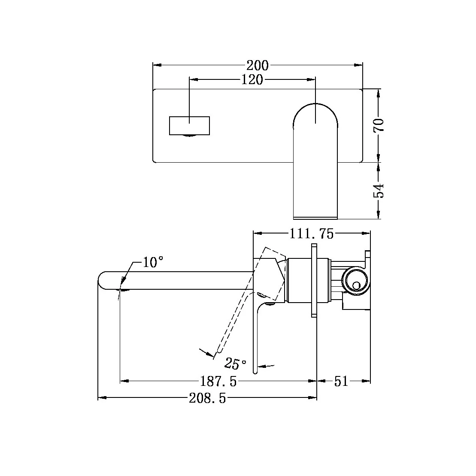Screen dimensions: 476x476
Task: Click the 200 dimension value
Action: (258, 65)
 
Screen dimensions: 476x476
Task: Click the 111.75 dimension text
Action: (311, 233)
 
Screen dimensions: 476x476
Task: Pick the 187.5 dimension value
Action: (218, 381)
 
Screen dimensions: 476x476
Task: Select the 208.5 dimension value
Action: (207, 398)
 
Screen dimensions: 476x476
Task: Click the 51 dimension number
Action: (341, 381)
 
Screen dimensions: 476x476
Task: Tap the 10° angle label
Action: (153, 262)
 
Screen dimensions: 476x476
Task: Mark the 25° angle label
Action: (236, 364)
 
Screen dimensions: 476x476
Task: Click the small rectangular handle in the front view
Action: (190, 125)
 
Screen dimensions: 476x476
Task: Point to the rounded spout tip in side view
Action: (103, 281)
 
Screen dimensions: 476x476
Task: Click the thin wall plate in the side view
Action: (314, 281)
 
